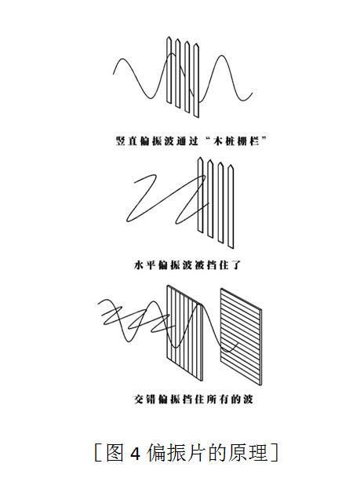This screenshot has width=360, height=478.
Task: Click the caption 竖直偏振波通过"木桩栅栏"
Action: [191, 141]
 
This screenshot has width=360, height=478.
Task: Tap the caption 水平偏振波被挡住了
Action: [187, 265]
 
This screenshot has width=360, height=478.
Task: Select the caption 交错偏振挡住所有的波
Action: [194, 399]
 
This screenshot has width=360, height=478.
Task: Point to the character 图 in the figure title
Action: [115, 454]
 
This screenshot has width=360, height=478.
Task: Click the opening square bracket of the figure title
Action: [97, 454]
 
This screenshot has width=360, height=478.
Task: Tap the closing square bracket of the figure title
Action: [275, 454]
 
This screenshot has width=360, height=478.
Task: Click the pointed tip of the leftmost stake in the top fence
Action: [169, 37]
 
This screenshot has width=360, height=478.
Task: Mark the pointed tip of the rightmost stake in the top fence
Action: [197, 44]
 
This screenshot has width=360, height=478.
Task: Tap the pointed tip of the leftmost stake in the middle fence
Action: [200, 157]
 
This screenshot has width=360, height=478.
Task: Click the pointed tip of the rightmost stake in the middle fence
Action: [231, 165]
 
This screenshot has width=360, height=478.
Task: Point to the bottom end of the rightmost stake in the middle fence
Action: [231, 247]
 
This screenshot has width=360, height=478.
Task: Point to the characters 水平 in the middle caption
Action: [144, 265]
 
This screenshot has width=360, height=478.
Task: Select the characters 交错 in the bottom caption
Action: [144, 399]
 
